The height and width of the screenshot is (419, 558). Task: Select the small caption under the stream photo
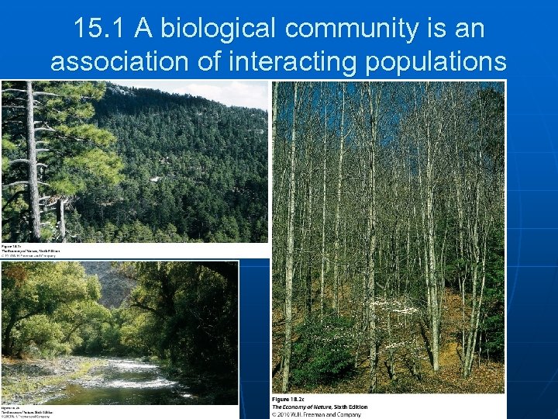click(x=23, y=410)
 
